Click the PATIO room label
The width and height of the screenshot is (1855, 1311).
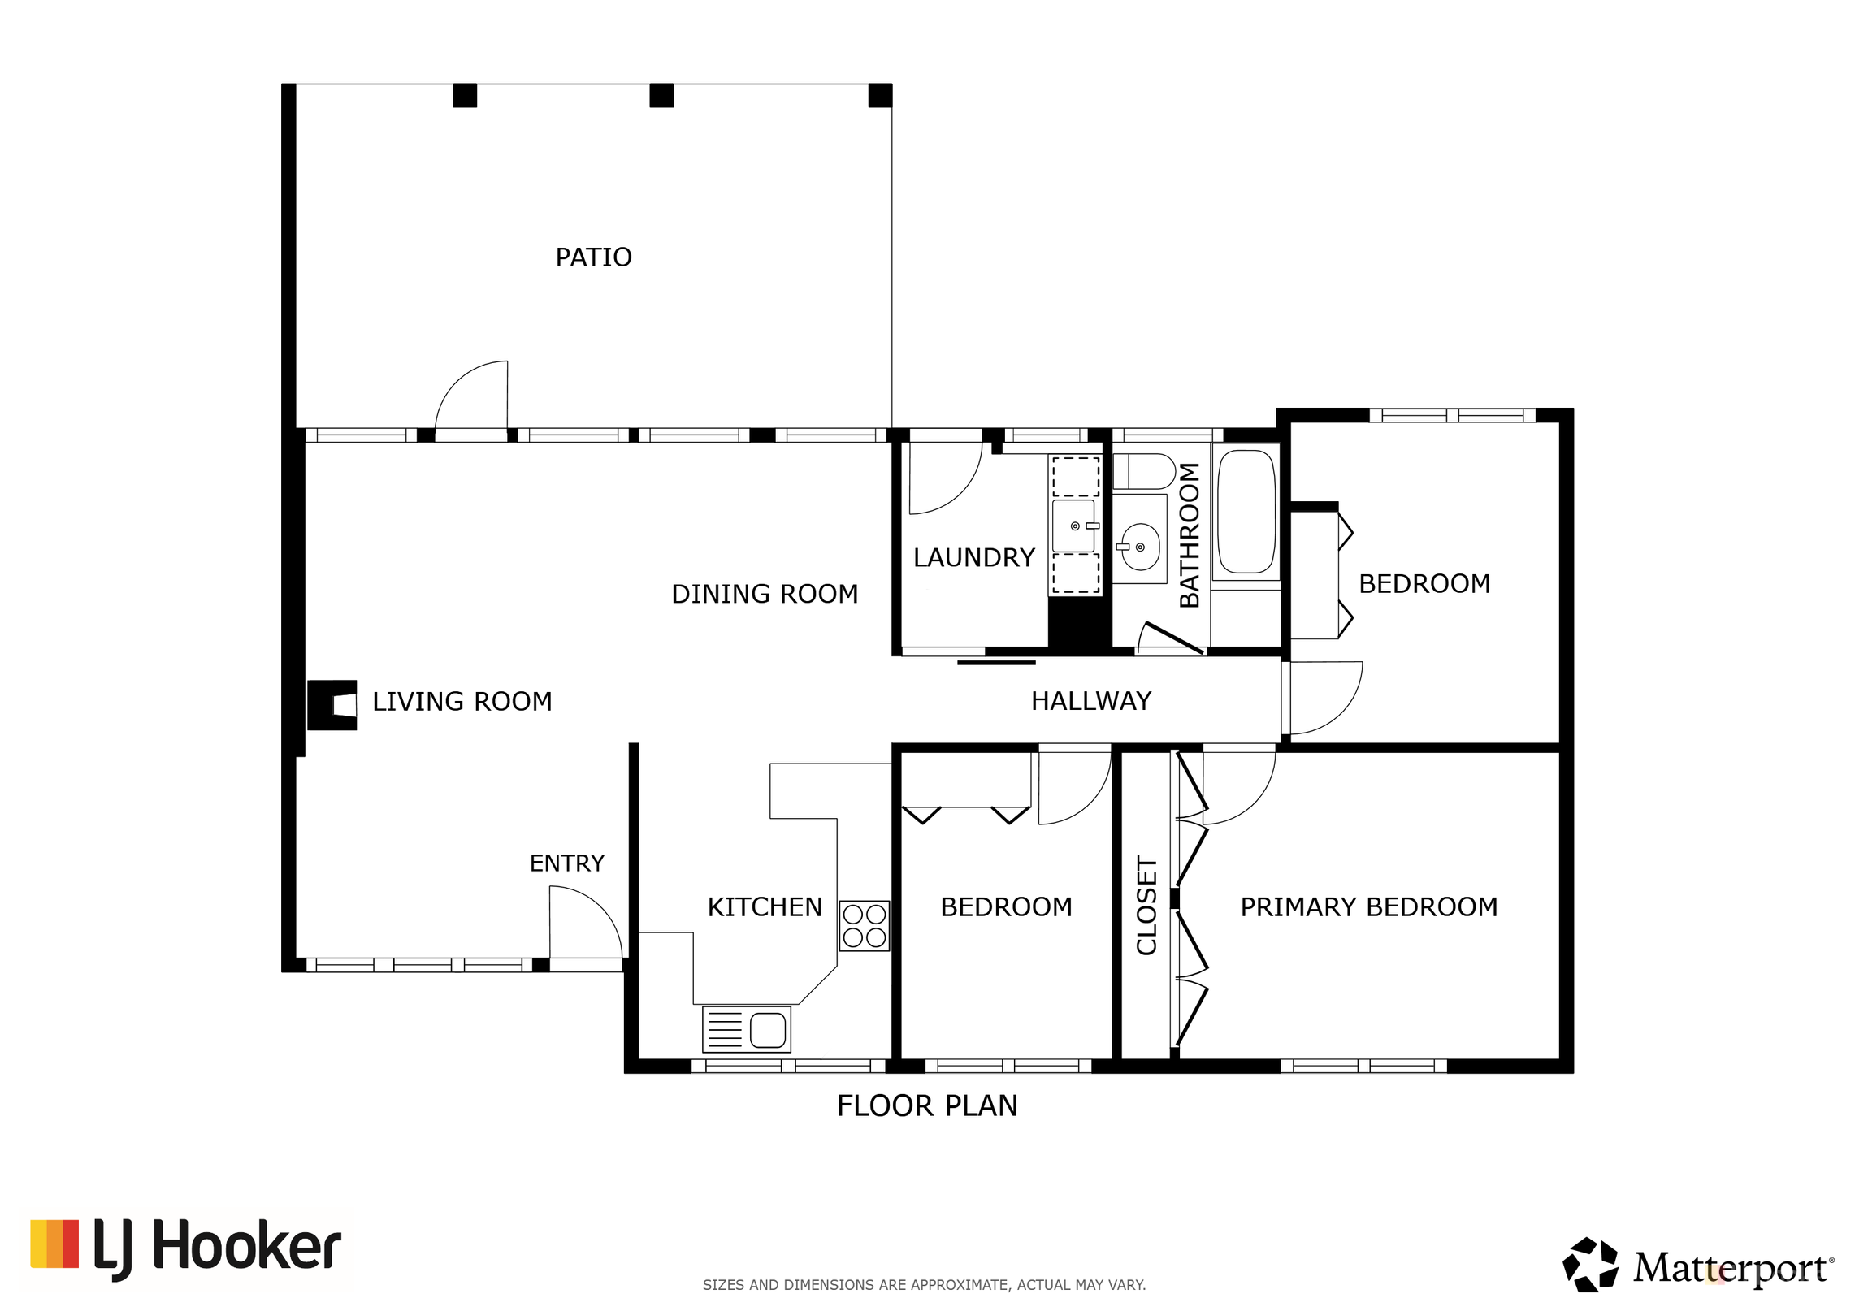[x=593, y=257]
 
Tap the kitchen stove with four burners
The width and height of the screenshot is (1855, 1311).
[x=864, y=926]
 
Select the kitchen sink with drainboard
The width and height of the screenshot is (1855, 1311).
[x=746, y=1029]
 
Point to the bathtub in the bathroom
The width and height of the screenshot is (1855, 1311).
[x=1246, y=512]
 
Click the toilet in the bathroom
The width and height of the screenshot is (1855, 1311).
[x=1144, y=471]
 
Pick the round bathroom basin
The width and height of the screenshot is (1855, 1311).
[x=1140, y=547]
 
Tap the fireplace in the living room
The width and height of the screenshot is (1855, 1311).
[x=332, y=705]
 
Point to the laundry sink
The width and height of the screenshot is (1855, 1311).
[x=1074, y=526]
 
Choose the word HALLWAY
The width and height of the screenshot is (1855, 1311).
[x=1091, y=701]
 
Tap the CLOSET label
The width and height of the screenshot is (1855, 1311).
[x=1146, y=905]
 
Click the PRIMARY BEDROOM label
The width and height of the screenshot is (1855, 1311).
[x=1369, y=906]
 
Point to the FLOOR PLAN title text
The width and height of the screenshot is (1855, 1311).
[x=927, y=1105]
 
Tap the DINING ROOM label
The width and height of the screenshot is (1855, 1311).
[x=765, y=594]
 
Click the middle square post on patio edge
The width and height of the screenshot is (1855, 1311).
[x=661, y=96]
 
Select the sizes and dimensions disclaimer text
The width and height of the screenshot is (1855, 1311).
[x=924, y=1285]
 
